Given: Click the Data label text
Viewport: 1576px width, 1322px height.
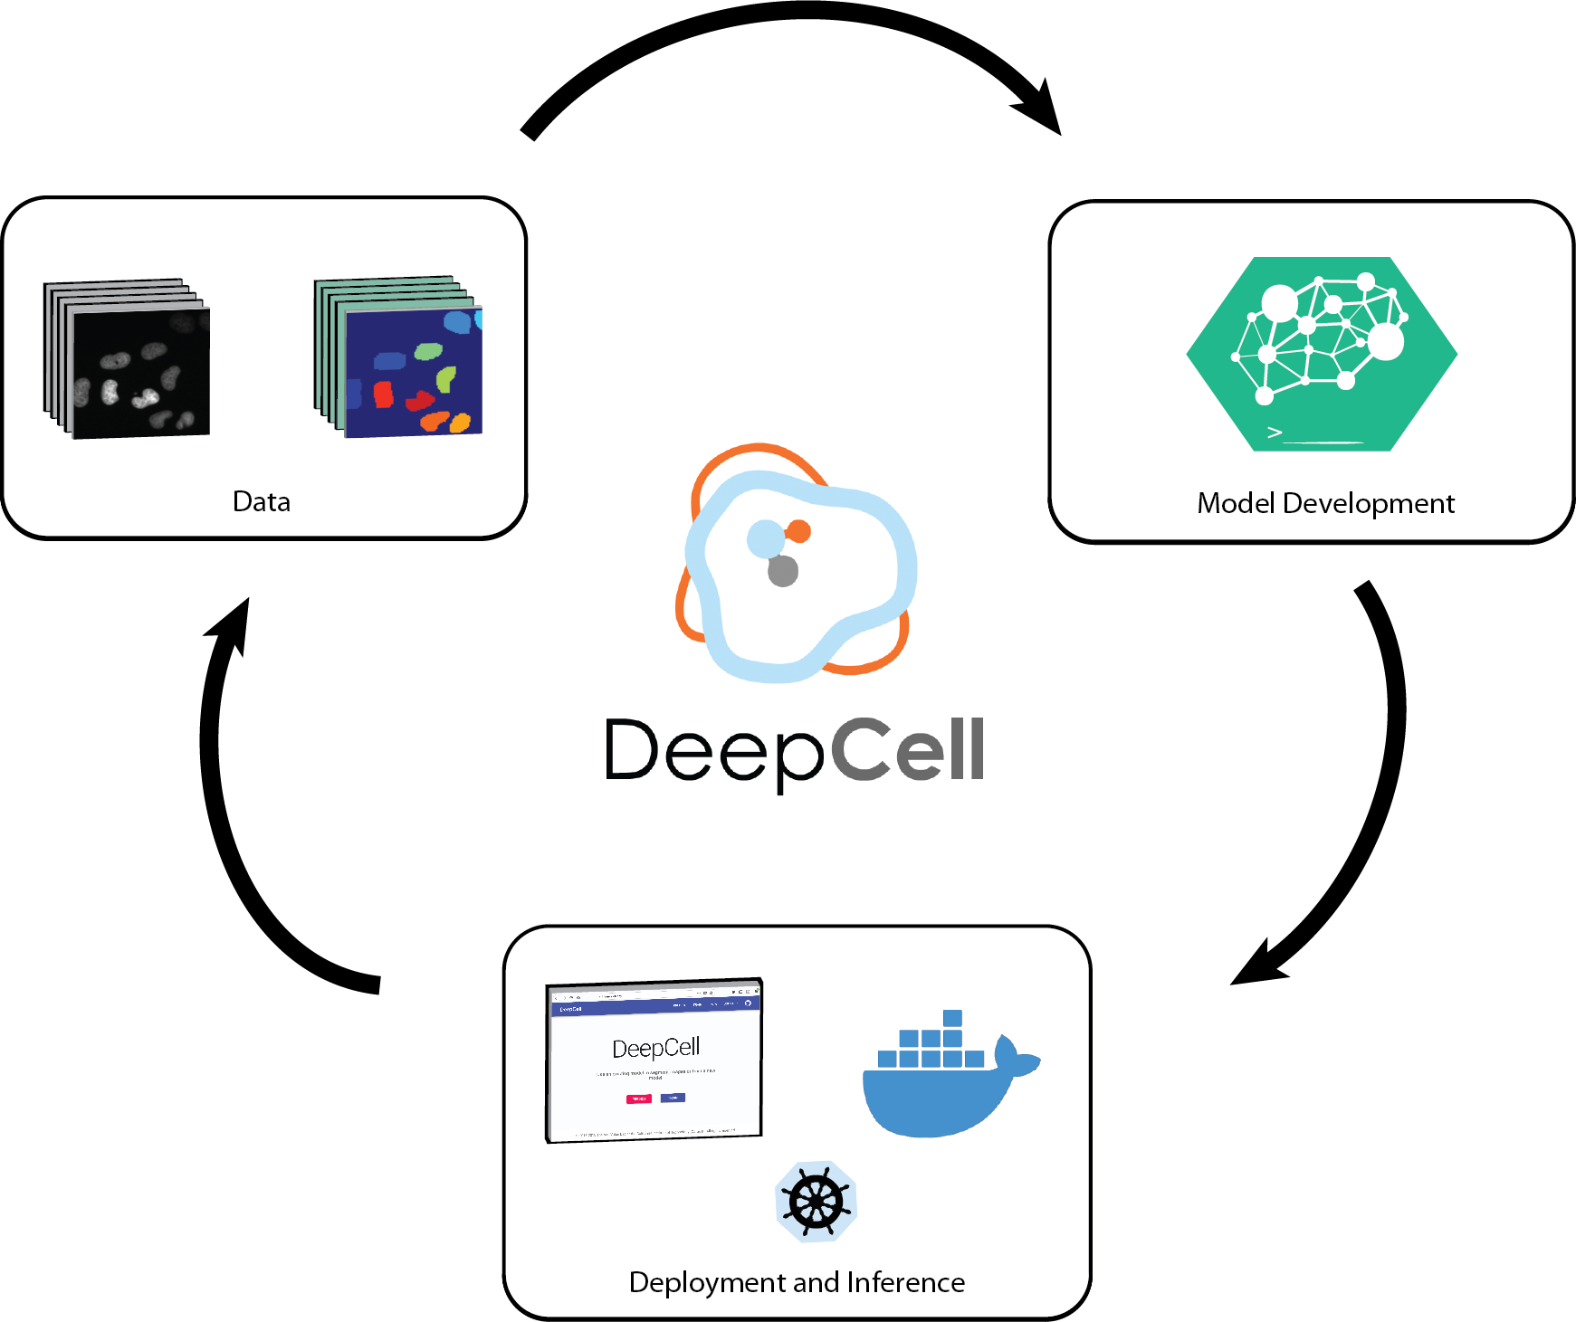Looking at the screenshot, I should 262,501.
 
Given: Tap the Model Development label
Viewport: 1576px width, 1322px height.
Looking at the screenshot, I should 1325,503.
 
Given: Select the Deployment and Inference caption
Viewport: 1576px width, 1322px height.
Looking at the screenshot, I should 797,1282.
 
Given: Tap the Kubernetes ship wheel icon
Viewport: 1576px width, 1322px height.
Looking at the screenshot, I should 816,1202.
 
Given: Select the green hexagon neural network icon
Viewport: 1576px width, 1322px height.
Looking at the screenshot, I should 1322,354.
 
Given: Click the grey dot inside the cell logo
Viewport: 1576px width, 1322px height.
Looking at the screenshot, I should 783,571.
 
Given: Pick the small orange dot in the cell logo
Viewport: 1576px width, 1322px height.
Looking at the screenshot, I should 798,531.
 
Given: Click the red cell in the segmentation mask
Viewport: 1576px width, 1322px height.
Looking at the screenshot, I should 384,395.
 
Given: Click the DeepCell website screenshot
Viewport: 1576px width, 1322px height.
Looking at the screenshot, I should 654,1060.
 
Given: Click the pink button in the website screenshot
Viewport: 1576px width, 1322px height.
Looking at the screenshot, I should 638,1098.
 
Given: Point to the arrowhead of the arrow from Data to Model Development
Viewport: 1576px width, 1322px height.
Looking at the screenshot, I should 1041,109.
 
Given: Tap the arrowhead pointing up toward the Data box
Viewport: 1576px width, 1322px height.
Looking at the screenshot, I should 232,624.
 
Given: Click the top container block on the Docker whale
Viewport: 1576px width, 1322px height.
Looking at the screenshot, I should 952,1018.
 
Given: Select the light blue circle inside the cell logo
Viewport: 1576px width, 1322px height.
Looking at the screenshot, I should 766,539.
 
